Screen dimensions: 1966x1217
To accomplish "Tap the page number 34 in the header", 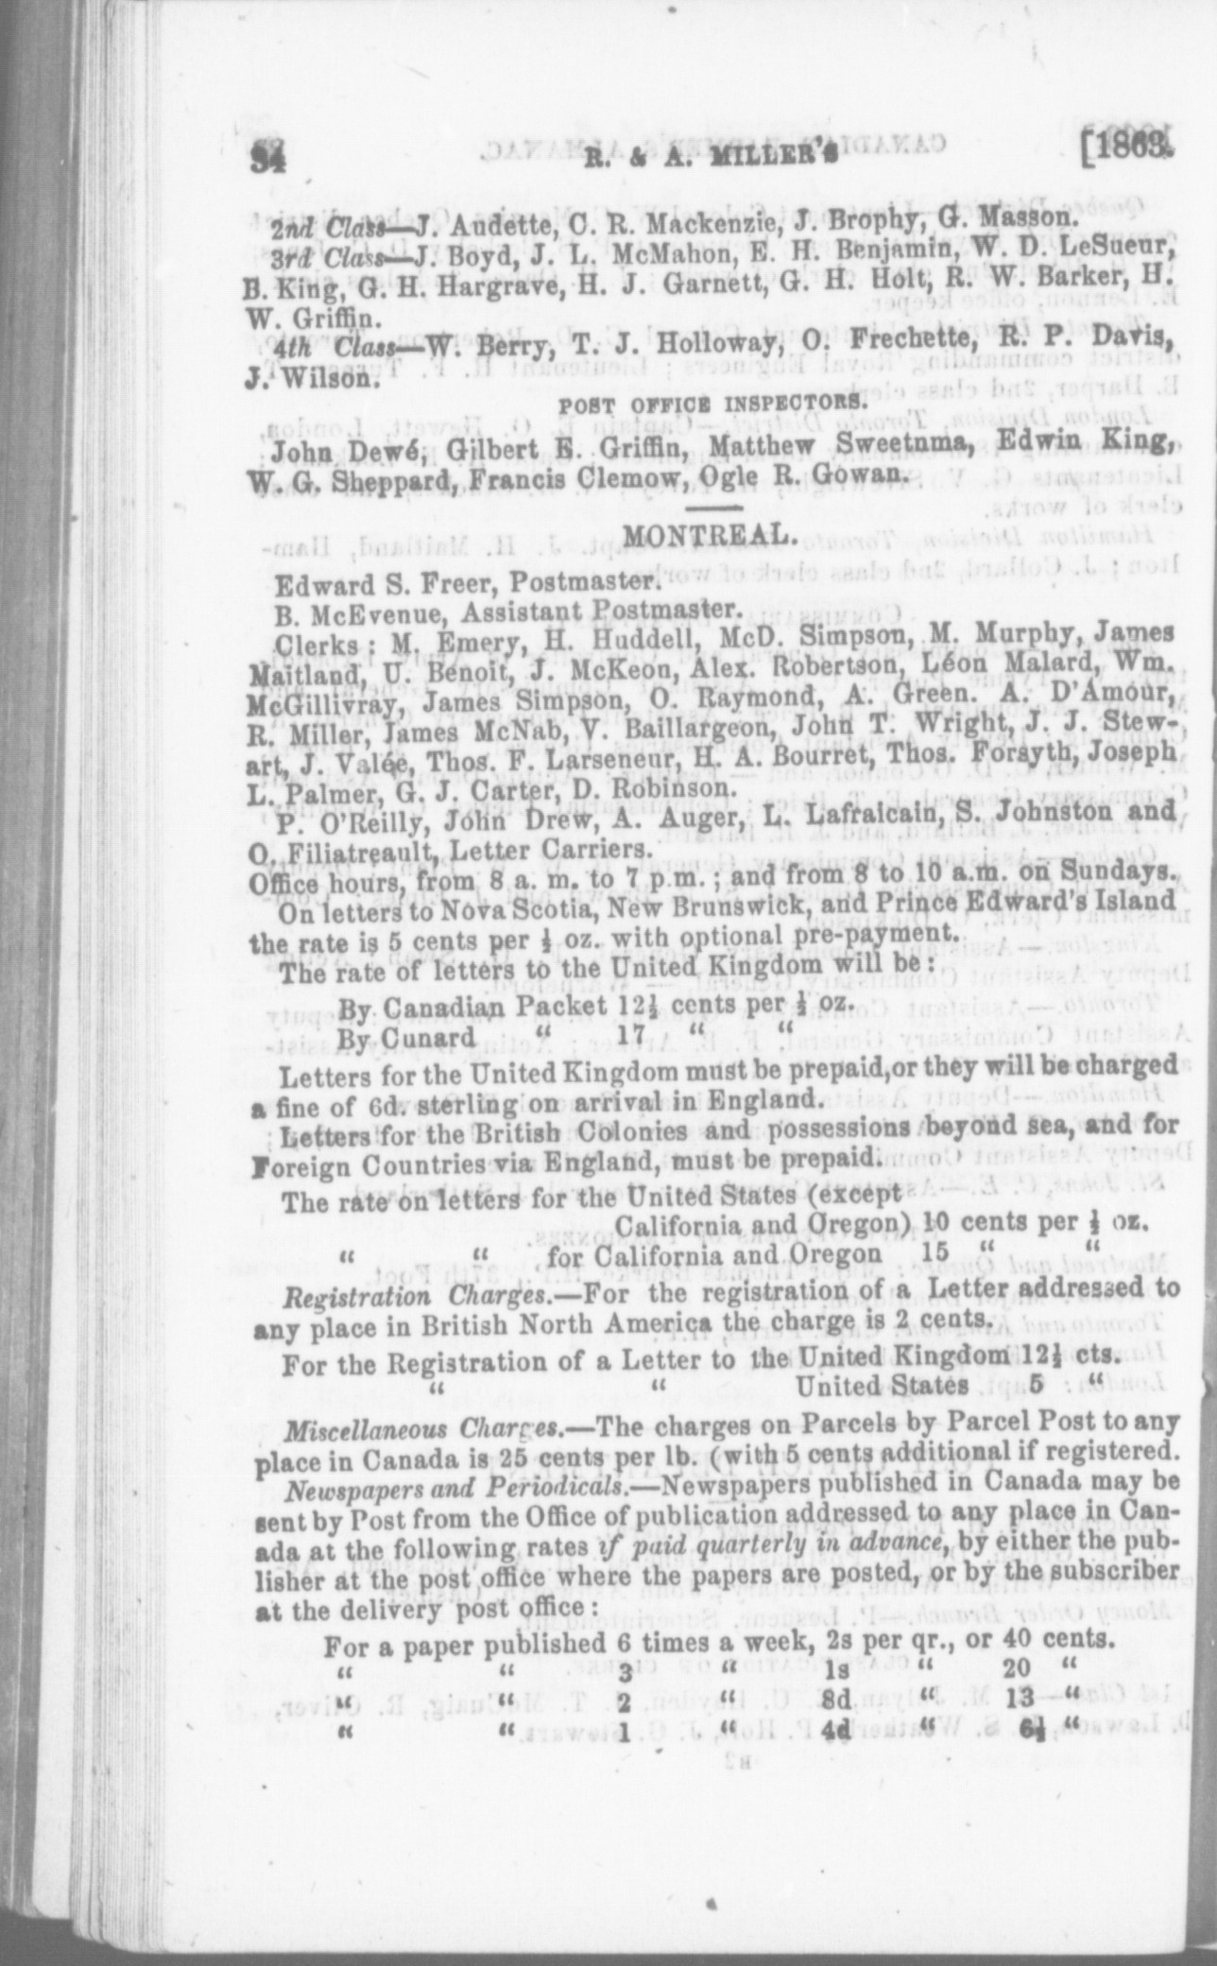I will (x=273, y=157).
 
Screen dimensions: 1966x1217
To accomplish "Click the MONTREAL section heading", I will (x=706, y=535).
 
